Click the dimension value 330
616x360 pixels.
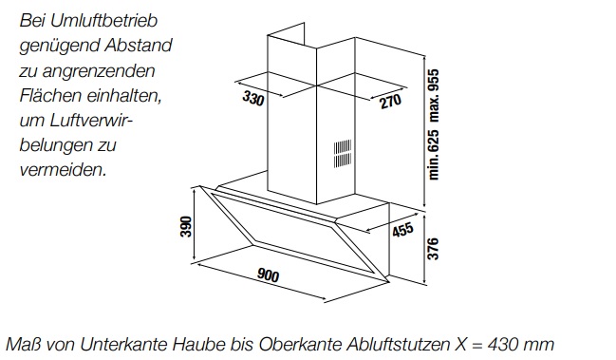253,98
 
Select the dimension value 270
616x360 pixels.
391,101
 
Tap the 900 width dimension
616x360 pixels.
268,275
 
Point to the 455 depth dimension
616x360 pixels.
402,230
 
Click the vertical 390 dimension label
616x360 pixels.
186,226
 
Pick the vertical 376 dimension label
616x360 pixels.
432,248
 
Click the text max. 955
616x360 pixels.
434,95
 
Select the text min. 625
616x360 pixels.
434,155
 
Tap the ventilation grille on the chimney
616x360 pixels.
343,154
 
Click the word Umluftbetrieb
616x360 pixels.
103,21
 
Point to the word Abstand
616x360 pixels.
139,46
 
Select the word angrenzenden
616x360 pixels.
99,71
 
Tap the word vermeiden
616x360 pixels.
63,170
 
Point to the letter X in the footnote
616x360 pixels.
461,344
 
